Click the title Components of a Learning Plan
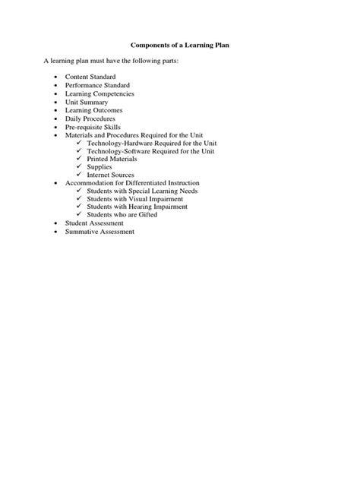[x=180, y=46]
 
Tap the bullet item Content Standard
[x=92, y=77]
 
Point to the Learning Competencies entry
[x=99, y=94]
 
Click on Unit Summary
[x=87, y=103]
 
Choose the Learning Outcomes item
[x=93, y=110]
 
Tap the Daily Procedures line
[x=90, y=118]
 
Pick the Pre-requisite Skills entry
[x=93, y=127]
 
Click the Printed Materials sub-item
[x=112, y=159]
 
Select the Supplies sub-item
[x=99, y=167]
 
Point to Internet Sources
[x=111, y=175]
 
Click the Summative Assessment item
[x=99, y=232]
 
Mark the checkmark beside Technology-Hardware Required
[x=80, y=143]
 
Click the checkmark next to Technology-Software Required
[x=80, y=150]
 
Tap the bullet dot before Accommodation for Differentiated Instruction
[x=57, y=183]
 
